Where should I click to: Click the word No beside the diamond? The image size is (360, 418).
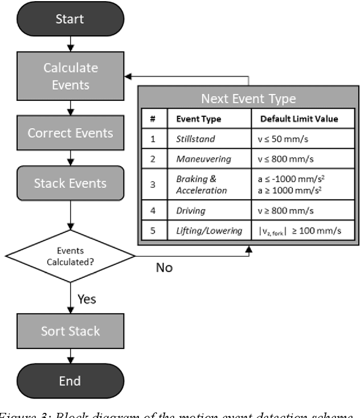(x=164, y=268)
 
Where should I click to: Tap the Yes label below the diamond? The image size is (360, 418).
(x=87, y=299)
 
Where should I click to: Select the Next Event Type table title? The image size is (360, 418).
(x=248, y=99)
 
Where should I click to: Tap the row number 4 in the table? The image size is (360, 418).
(x=153, y=211)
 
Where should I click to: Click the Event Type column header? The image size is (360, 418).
(x=194, y=119)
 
